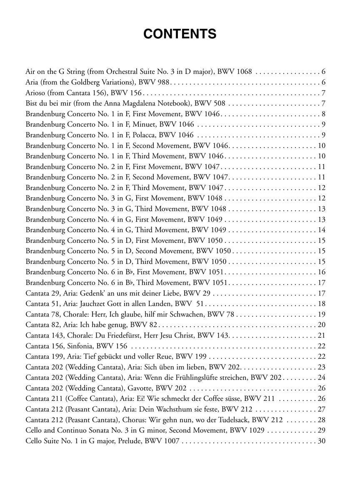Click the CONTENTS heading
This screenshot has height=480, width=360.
[x=180, y=34]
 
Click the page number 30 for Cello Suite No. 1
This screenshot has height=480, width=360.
[x=321, y=441]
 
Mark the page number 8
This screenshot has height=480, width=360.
[x=323, y=114]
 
